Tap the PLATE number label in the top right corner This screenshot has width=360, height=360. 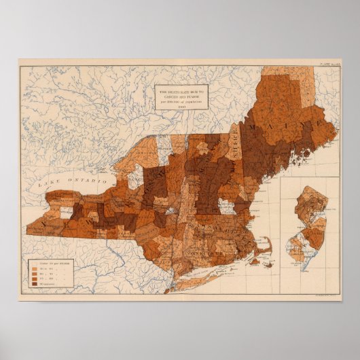pos(327,63)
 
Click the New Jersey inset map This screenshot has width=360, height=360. pos(307,228)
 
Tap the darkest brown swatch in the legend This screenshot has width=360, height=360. pos(33,284)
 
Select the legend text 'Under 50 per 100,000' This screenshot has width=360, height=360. pos(52,263)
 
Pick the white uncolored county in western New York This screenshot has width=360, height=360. pos(67,213)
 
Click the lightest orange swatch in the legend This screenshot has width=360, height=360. pos(33,263)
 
